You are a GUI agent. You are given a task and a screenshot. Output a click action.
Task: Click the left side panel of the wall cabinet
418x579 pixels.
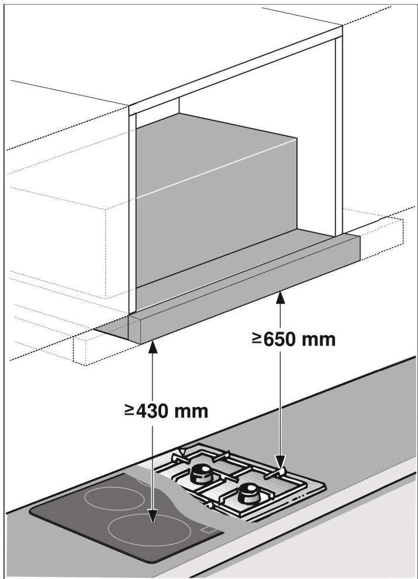[133, 211]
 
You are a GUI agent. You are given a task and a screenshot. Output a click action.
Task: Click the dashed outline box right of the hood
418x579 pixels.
[380, 234]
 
